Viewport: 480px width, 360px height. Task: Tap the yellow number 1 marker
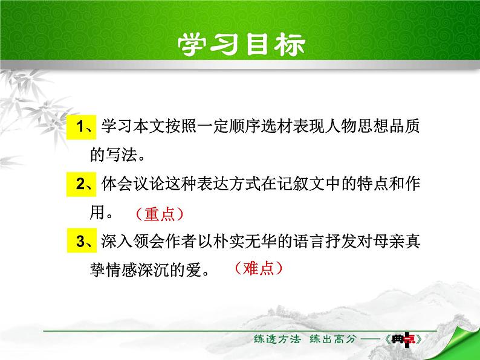pyautogui.click(x=80, y=126)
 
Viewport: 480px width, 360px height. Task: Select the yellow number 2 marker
pyautogui.click(x=80, y=184)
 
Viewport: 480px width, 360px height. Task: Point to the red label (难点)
pyautogui.click(x=257, y=268)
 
